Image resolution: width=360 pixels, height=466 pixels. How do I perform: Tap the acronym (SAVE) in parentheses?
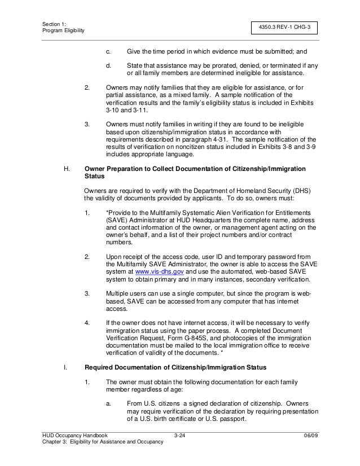115,220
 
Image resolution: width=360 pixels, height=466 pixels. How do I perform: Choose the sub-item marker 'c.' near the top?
108,51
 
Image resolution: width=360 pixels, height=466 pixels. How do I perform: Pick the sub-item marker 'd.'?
108,65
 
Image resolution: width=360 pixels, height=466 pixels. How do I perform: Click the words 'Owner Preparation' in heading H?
113,169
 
